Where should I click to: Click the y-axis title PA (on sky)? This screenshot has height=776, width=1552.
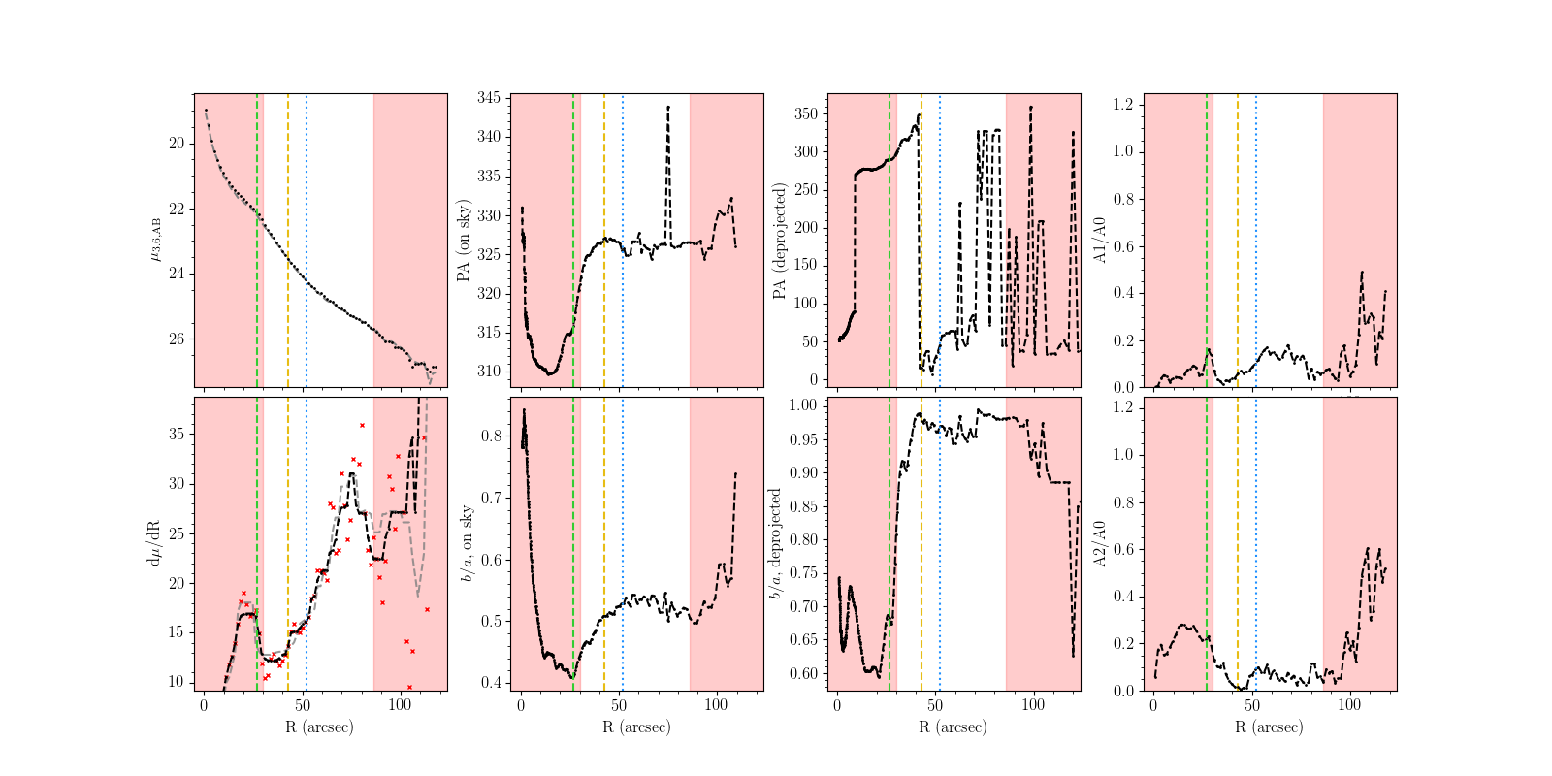tap(464, 241)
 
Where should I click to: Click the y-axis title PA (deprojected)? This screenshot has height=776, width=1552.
tap(779, 241)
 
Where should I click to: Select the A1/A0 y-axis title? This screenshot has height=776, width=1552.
tap(1100, 241)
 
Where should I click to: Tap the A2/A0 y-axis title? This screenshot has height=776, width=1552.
tap(1100, 544)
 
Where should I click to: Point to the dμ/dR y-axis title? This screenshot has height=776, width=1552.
tap(152, 544)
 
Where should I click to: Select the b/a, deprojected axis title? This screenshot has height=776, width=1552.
tap(776, 543)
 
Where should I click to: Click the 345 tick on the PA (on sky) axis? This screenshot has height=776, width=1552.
tap(489, 98)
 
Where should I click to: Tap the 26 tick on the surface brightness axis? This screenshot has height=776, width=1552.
tap(177, 339)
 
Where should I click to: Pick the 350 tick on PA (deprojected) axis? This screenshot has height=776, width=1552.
tap(805, 113)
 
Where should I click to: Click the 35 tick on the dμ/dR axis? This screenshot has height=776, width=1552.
tap(177, 434)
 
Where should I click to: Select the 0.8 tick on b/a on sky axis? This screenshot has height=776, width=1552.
tap(492, 436)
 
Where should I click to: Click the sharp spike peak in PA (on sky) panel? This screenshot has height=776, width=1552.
tap(668, 107)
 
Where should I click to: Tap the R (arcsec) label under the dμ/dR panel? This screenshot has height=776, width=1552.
tap(320, 727)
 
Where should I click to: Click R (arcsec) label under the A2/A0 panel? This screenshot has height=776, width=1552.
tap(1270, 727)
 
